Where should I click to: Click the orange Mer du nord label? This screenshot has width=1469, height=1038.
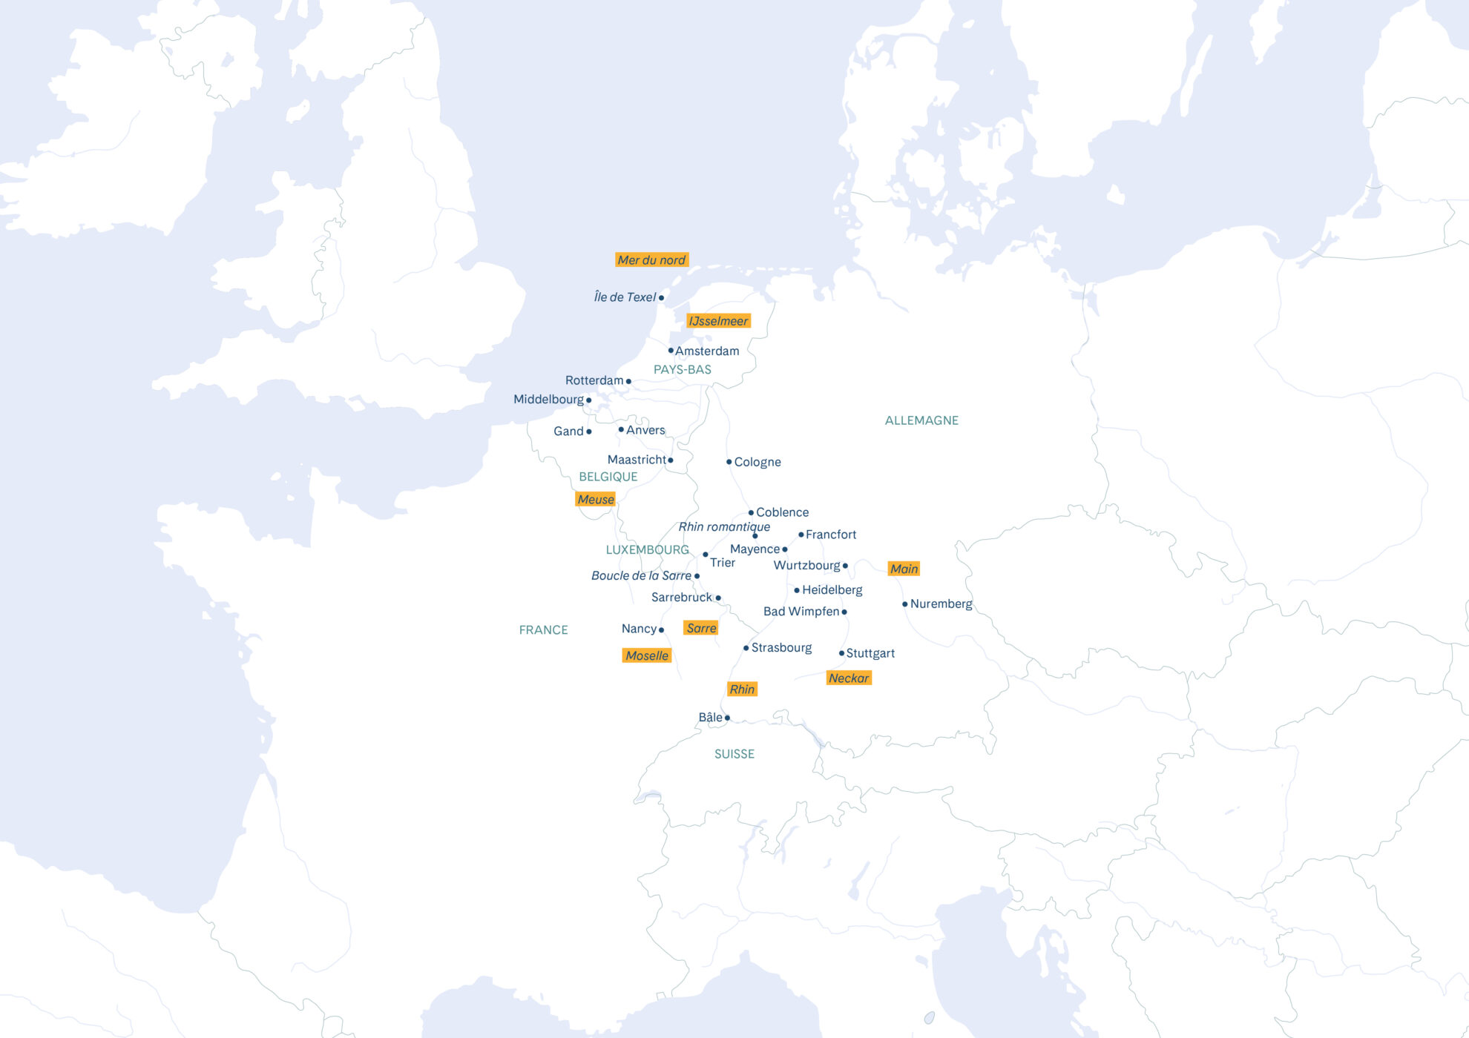pyautogui.click(x=651, y=260)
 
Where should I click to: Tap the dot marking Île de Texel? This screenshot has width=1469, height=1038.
pyautogui.click(x=661, y=298)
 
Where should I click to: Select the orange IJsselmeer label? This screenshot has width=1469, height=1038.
pyautogui.click(x=718, y=321)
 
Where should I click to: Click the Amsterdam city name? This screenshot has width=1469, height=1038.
pyautogui.click(x=707, y=351)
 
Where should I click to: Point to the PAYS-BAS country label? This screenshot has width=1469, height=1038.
pyautogui.click(x=682, y=370)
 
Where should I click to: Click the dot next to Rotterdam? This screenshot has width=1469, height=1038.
pyautogui.click(x=628, y=382)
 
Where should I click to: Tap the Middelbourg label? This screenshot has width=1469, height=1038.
pyautogui.click(x=548, y=400)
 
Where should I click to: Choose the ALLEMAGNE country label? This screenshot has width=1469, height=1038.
pyautogui.click(x=921, y=420)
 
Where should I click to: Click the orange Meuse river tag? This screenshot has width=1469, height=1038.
pyautogui.click(x=596, y=500)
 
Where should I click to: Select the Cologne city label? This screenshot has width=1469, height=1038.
pyautogui.click(x=757, y=463)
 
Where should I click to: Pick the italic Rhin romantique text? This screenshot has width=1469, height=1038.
pyautogui.click(x=724, y=527)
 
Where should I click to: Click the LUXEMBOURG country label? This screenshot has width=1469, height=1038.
pyautogui.click(x=647, y=550)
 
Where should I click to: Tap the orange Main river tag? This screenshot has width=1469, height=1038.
pyautogui.click(x=904, y=569)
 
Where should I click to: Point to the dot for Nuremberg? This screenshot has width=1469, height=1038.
pyautogui.click(x=905, y=604)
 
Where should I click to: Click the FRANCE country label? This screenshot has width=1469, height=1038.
pyautogui.click(x=543, y=630)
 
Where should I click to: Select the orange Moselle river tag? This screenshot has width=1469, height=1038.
pyautogui.click(x=647, y=656)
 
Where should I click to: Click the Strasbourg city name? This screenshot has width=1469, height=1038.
pyautogui.click(x=781, y=648)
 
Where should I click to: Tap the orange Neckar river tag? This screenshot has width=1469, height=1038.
pyautogui.click(x=849, y=678)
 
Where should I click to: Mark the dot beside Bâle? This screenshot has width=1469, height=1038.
pyautogui.click(x=727, y=718)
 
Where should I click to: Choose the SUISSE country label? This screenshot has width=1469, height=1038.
pyautogui.click(x=734, y=755)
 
